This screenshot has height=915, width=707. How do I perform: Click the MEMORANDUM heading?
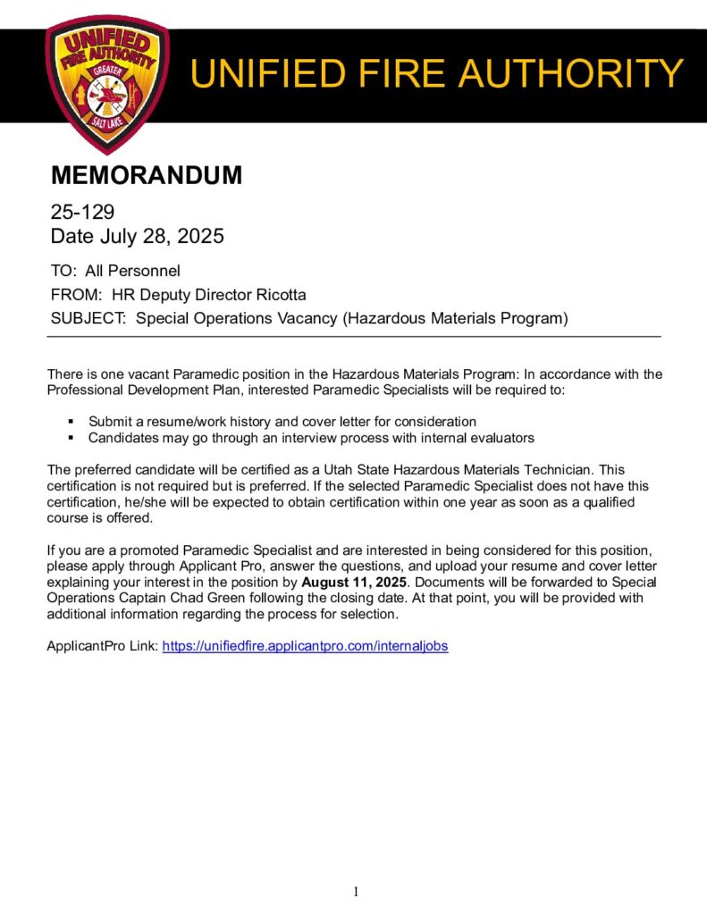coord(146,175)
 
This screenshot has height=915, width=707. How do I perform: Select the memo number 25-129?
coord(82,213)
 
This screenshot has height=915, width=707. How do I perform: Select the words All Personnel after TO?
coord(132,271)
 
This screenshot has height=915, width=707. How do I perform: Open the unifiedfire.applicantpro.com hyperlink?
coord(305,646)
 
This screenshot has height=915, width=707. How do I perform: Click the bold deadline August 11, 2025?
coord(353,582)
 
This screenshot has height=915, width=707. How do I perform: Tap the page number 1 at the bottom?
coord(356,891)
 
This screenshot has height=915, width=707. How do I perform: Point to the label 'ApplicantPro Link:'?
coord(102,646)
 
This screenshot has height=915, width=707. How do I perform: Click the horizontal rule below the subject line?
coord(353,336)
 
